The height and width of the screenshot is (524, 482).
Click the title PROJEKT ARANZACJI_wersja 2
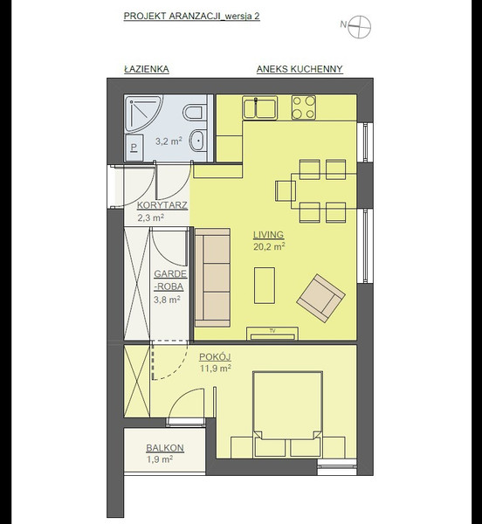(192, 17)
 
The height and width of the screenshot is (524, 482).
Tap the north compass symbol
(359, 27)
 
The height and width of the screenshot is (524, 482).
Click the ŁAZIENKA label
(147, 69)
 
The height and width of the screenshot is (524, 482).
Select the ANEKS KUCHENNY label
(300, 69)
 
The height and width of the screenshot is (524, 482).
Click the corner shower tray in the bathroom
(143, 114)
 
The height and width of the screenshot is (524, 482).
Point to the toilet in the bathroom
(193, 113)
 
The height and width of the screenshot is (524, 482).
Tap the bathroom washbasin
(197, 141)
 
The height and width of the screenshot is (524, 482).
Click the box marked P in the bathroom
(134, 148)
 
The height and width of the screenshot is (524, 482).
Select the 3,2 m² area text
(169, 141)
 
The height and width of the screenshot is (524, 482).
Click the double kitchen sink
(260, 107)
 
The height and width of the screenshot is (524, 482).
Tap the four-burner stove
(304, 107)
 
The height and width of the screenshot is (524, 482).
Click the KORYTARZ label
(162, 205)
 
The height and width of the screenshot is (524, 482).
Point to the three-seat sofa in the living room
(212, 278)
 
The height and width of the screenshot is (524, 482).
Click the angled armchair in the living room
(320, 298)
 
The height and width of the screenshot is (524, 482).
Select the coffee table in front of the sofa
(265, 286)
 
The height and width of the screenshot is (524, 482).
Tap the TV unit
(272, 334)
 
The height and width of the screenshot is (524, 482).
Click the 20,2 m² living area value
(269, 247)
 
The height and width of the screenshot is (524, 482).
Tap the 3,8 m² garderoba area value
(167, 300)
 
